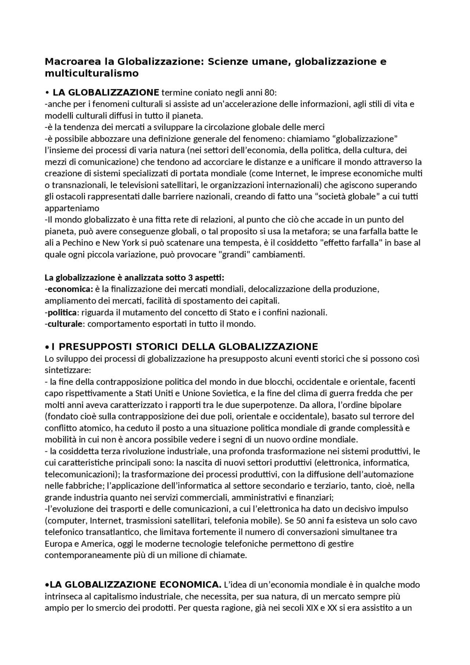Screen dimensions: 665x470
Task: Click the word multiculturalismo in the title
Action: (x=91, y=73)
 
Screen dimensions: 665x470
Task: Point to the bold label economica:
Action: (x=70, y=289)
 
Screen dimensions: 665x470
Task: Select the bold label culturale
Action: (x=65, y=324)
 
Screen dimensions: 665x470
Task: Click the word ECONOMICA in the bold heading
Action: (x=190, y=584)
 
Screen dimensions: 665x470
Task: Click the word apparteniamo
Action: (x=72, y=208)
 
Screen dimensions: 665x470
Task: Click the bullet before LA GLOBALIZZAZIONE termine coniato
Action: (x=47, y=92)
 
